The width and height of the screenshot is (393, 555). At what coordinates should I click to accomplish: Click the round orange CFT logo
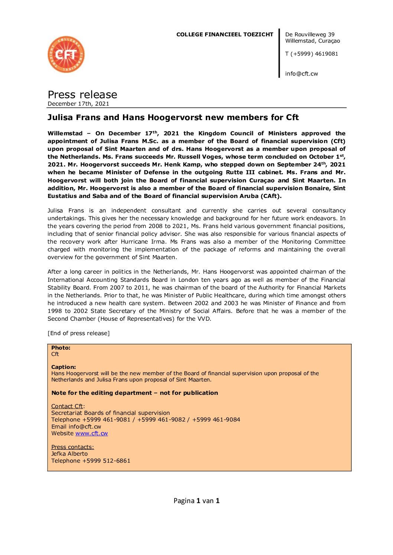[66, 54]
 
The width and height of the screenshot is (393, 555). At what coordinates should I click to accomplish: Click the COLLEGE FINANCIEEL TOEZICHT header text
[224, 34]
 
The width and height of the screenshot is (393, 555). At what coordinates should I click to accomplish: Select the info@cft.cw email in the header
[301, 74]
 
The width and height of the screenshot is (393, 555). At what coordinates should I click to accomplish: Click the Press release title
[82, 95]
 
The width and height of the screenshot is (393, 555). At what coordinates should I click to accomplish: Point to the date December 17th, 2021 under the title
[78, 104]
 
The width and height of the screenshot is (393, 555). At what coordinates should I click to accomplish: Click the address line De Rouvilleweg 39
[309, 34]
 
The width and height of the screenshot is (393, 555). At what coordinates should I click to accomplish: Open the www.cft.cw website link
[91, 433]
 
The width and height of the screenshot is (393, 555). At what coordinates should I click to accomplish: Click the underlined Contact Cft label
[67, 406]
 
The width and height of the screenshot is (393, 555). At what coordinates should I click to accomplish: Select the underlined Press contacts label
[72, 447]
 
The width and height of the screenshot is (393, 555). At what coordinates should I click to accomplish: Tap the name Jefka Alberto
[69, 454]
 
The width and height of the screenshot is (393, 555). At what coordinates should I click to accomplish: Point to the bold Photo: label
[61, 348]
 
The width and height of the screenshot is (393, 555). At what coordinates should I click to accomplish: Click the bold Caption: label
[63, 367]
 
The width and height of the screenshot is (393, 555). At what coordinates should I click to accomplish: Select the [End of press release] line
[78, 333]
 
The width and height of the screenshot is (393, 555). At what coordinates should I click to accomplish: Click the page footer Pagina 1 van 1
[196, 501]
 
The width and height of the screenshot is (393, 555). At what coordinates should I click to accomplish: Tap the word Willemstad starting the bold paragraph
[65, 133]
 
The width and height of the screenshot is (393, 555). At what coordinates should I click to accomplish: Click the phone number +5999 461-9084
[216, 420]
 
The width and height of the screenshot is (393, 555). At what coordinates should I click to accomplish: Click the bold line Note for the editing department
[134, 393]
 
